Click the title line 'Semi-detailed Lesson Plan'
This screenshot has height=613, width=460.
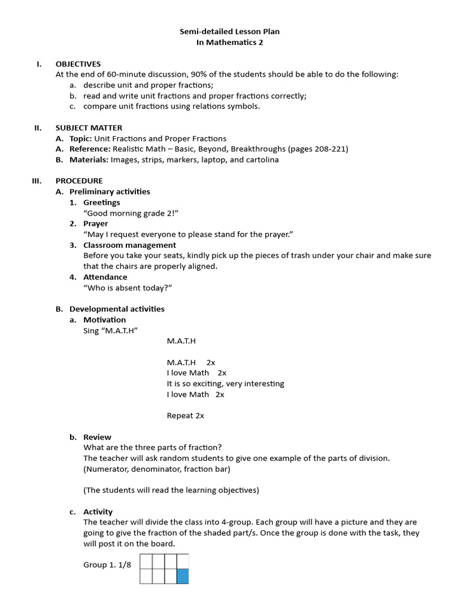[230, 31]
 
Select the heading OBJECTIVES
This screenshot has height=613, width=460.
[78, 64]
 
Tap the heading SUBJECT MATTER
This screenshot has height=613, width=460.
[89, 128]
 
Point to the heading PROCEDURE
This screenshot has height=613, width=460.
[79, 181]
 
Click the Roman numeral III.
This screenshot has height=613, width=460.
[37, 181]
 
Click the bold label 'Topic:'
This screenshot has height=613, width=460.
[82, 138]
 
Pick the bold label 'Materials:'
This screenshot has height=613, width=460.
[89, 160]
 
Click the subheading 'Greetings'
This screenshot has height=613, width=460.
[101, 202]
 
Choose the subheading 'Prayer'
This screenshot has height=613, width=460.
[96, 224]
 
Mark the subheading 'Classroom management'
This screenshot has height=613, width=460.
[129, 245]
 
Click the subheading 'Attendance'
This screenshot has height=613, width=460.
[105, 277]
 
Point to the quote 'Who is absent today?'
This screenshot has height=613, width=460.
[128, 288]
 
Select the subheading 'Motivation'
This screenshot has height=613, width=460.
[104, 320]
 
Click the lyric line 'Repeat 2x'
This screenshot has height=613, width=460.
[185, 415]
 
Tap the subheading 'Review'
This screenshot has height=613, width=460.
[97, 437]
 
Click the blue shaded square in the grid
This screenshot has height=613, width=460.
[183, 576]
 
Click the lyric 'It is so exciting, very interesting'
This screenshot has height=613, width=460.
[225, 384]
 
